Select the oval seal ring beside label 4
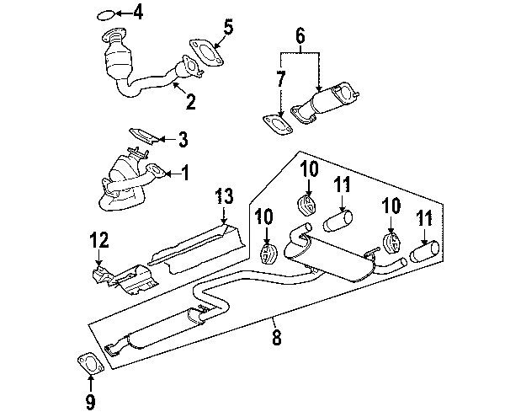104,13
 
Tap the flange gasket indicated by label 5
202,51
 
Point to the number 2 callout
190,104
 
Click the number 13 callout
222,197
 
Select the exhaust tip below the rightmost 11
424,252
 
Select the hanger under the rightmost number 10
391,244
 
